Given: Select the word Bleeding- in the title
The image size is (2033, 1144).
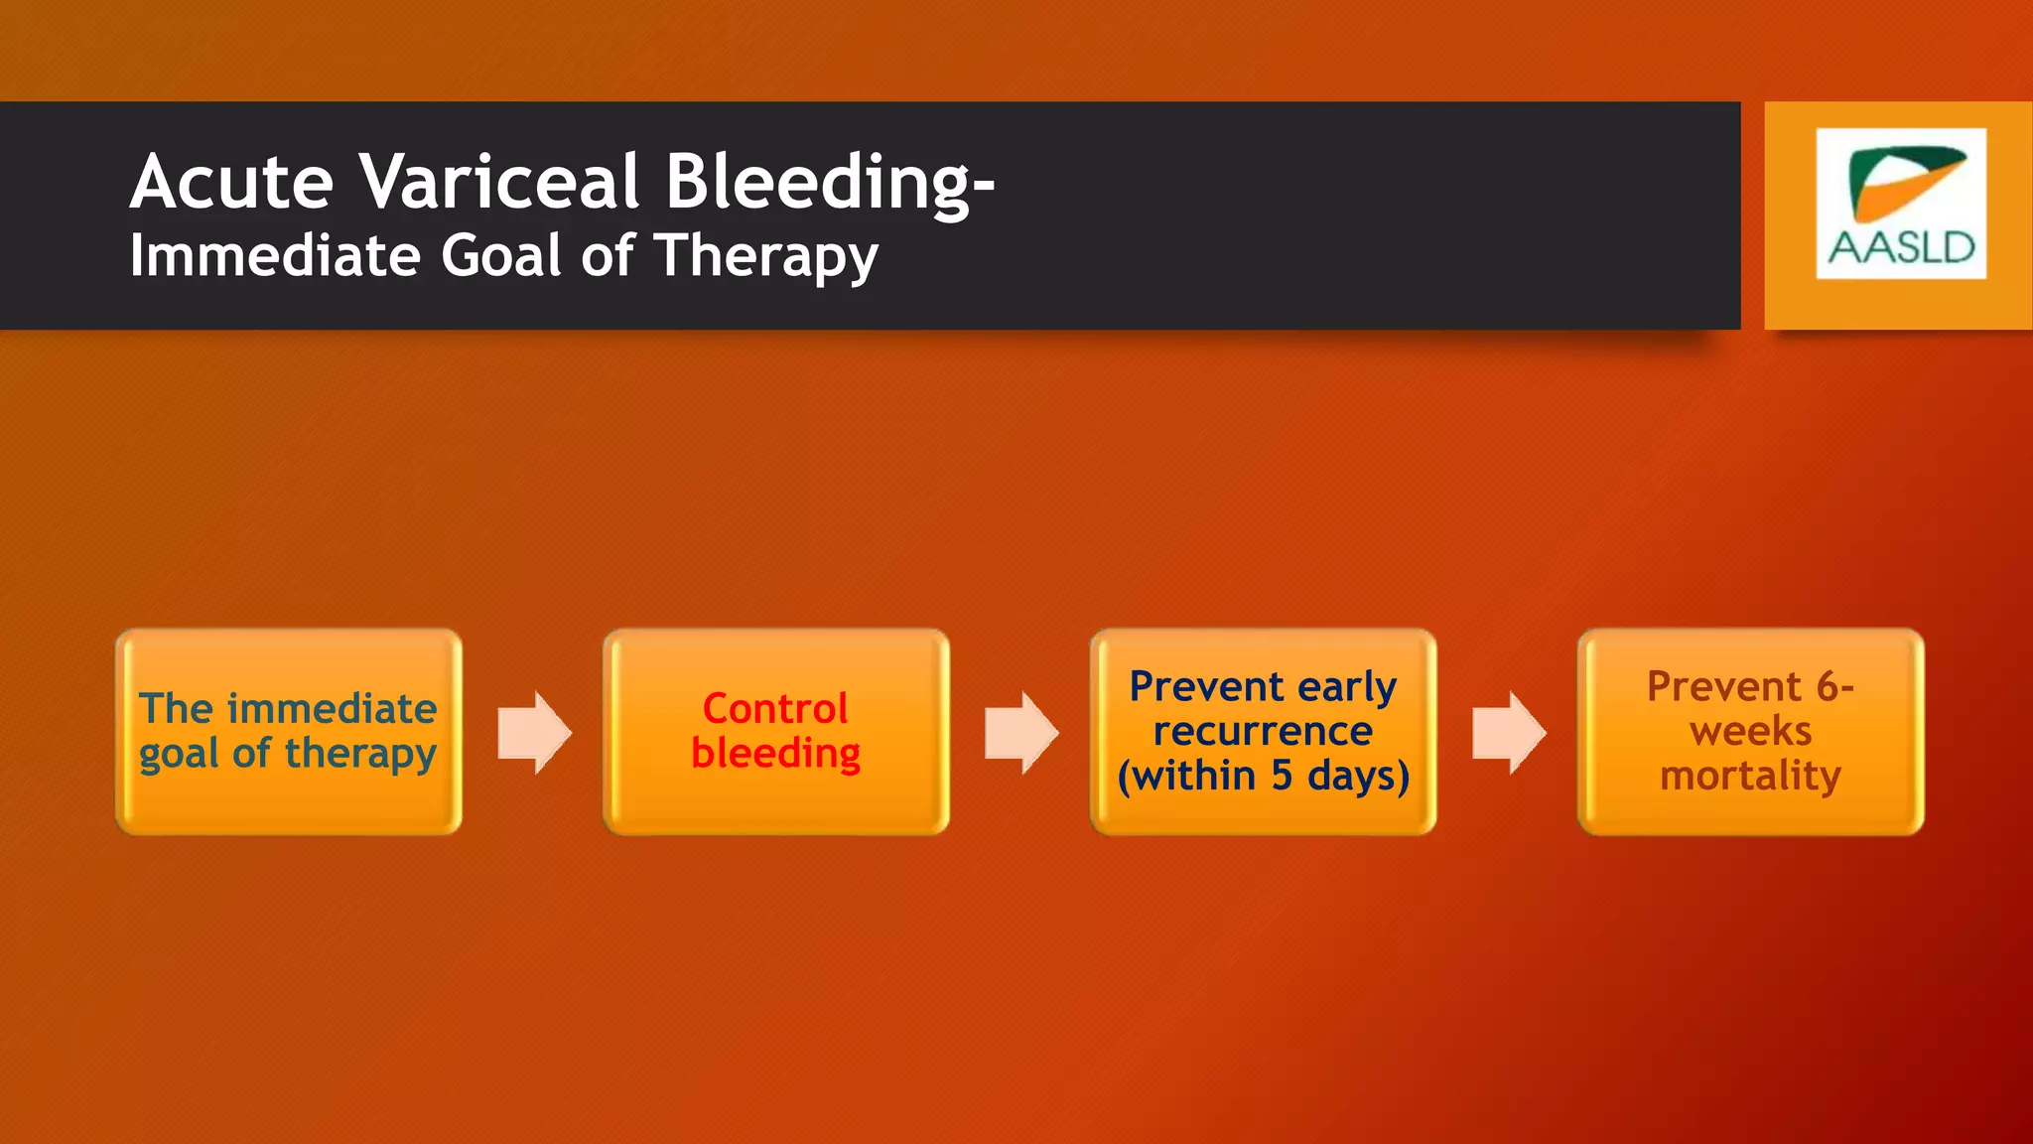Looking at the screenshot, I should tap(829, 184).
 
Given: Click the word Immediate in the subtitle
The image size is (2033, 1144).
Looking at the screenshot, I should tap(275, 256).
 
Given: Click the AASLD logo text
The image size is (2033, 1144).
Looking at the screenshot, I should tap(1901, 248).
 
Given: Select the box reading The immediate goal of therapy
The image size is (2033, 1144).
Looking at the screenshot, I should tap(289, 732).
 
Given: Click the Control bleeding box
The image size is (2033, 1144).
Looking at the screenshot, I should tap(775, 732).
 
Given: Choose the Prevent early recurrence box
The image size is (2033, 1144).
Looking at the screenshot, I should tap(1263, 732).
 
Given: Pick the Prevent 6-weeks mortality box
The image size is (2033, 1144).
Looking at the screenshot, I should tap(1750, 732).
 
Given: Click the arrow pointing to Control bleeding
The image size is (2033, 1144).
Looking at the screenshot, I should tap(534, 732).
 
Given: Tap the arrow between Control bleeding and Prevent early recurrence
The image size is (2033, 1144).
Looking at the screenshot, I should tap(1021, 732).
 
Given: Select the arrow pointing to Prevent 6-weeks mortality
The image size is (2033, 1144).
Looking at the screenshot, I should tap(1509, 732).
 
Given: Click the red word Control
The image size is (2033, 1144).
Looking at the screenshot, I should tap(775, 709).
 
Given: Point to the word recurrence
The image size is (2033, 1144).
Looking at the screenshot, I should tap(1263, 732).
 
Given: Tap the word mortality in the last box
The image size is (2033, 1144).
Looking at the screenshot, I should tap(1750, 776).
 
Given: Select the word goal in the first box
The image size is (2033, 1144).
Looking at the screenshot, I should tap(179, 755).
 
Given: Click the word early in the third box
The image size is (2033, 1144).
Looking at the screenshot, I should tap(1346, 687).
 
